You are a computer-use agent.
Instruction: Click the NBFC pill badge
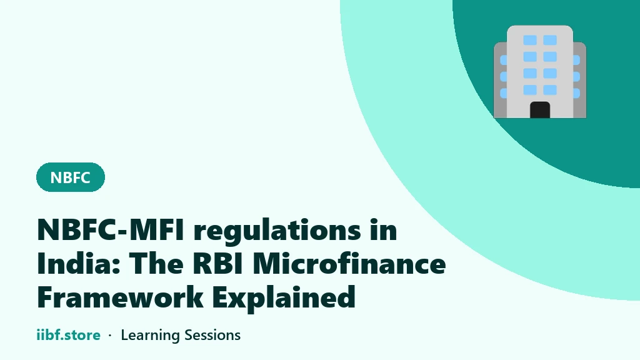pyautogui.click(x=71, y=177)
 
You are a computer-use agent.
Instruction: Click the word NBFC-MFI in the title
pyautogui.click(x=110, y=230)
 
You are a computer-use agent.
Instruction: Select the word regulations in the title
pyautogui.click(x=277, y=231)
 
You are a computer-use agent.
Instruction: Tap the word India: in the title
pyautogui.click(x=78, y=263)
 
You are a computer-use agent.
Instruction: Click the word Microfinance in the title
pyautogui.click(x=349, y=263)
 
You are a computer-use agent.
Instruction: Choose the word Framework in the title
pyautogui.click(x=121, y=297)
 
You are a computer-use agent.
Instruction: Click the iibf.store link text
pyautogui.click(x=68, y=335)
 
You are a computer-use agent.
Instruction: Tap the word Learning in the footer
pyautogui.click(x=150, y=336)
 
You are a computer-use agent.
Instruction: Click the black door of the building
pyautogui.click(x=540, y=110)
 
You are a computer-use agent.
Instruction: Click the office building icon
pyautogui.click(x=540, y=72)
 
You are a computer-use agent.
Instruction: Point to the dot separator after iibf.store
pyautogui.click(x=110, y=336)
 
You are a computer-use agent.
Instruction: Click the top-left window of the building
pyautogui.click(x=530, y=40)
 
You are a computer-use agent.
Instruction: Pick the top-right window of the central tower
pyautogui.click(x=550, y=40)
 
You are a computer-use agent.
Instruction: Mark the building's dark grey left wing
pyautogui.click(x=501, y=80)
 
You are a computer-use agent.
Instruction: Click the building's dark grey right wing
pyautogui.click(x=579, y=80)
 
